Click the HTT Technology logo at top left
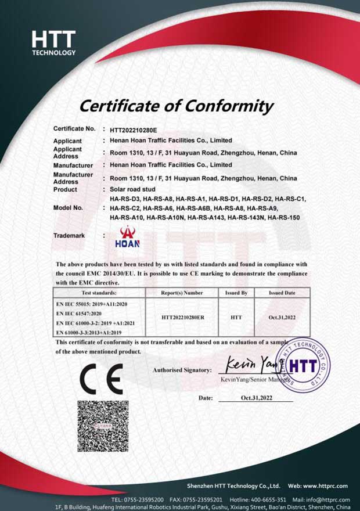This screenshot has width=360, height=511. click(x=53, y=43)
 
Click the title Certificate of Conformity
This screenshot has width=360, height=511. click(x=176, y=106)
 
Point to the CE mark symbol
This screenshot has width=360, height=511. click(x=101, y=379)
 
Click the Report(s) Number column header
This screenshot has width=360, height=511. click(x=182, y=293)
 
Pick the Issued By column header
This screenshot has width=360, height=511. click(x=236, y=293)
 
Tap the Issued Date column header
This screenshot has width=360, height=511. click(x=282, y=293)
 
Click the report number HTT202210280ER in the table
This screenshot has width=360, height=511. click(x=182, y=318)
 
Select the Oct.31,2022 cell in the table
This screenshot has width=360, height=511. click(x=282, y=318)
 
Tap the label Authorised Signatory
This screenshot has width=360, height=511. click(x=181, y=369)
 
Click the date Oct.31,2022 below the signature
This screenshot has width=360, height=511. click(x=257, y=398)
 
